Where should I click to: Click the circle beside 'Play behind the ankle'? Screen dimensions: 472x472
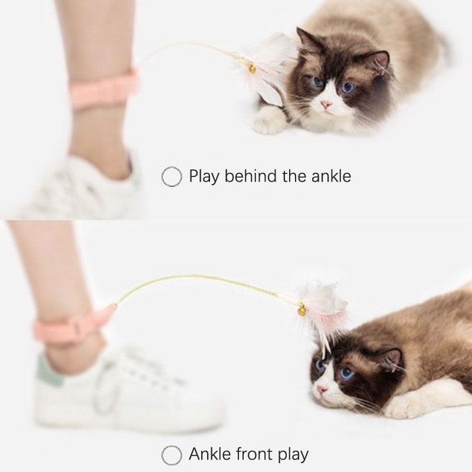click(172, 176)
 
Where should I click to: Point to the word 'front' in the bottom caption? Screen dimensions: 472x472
click(255, 454)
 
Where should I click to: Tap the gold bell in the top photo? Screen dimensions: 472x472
click(252, 69)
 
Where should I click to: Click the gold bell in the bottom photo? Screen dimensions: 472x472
click(301, 309)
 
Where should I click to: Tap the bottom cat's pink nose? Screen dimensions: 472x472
click(322, 390)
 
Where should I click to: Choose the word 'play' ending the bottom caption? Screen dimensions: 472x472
click(293, 454)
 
